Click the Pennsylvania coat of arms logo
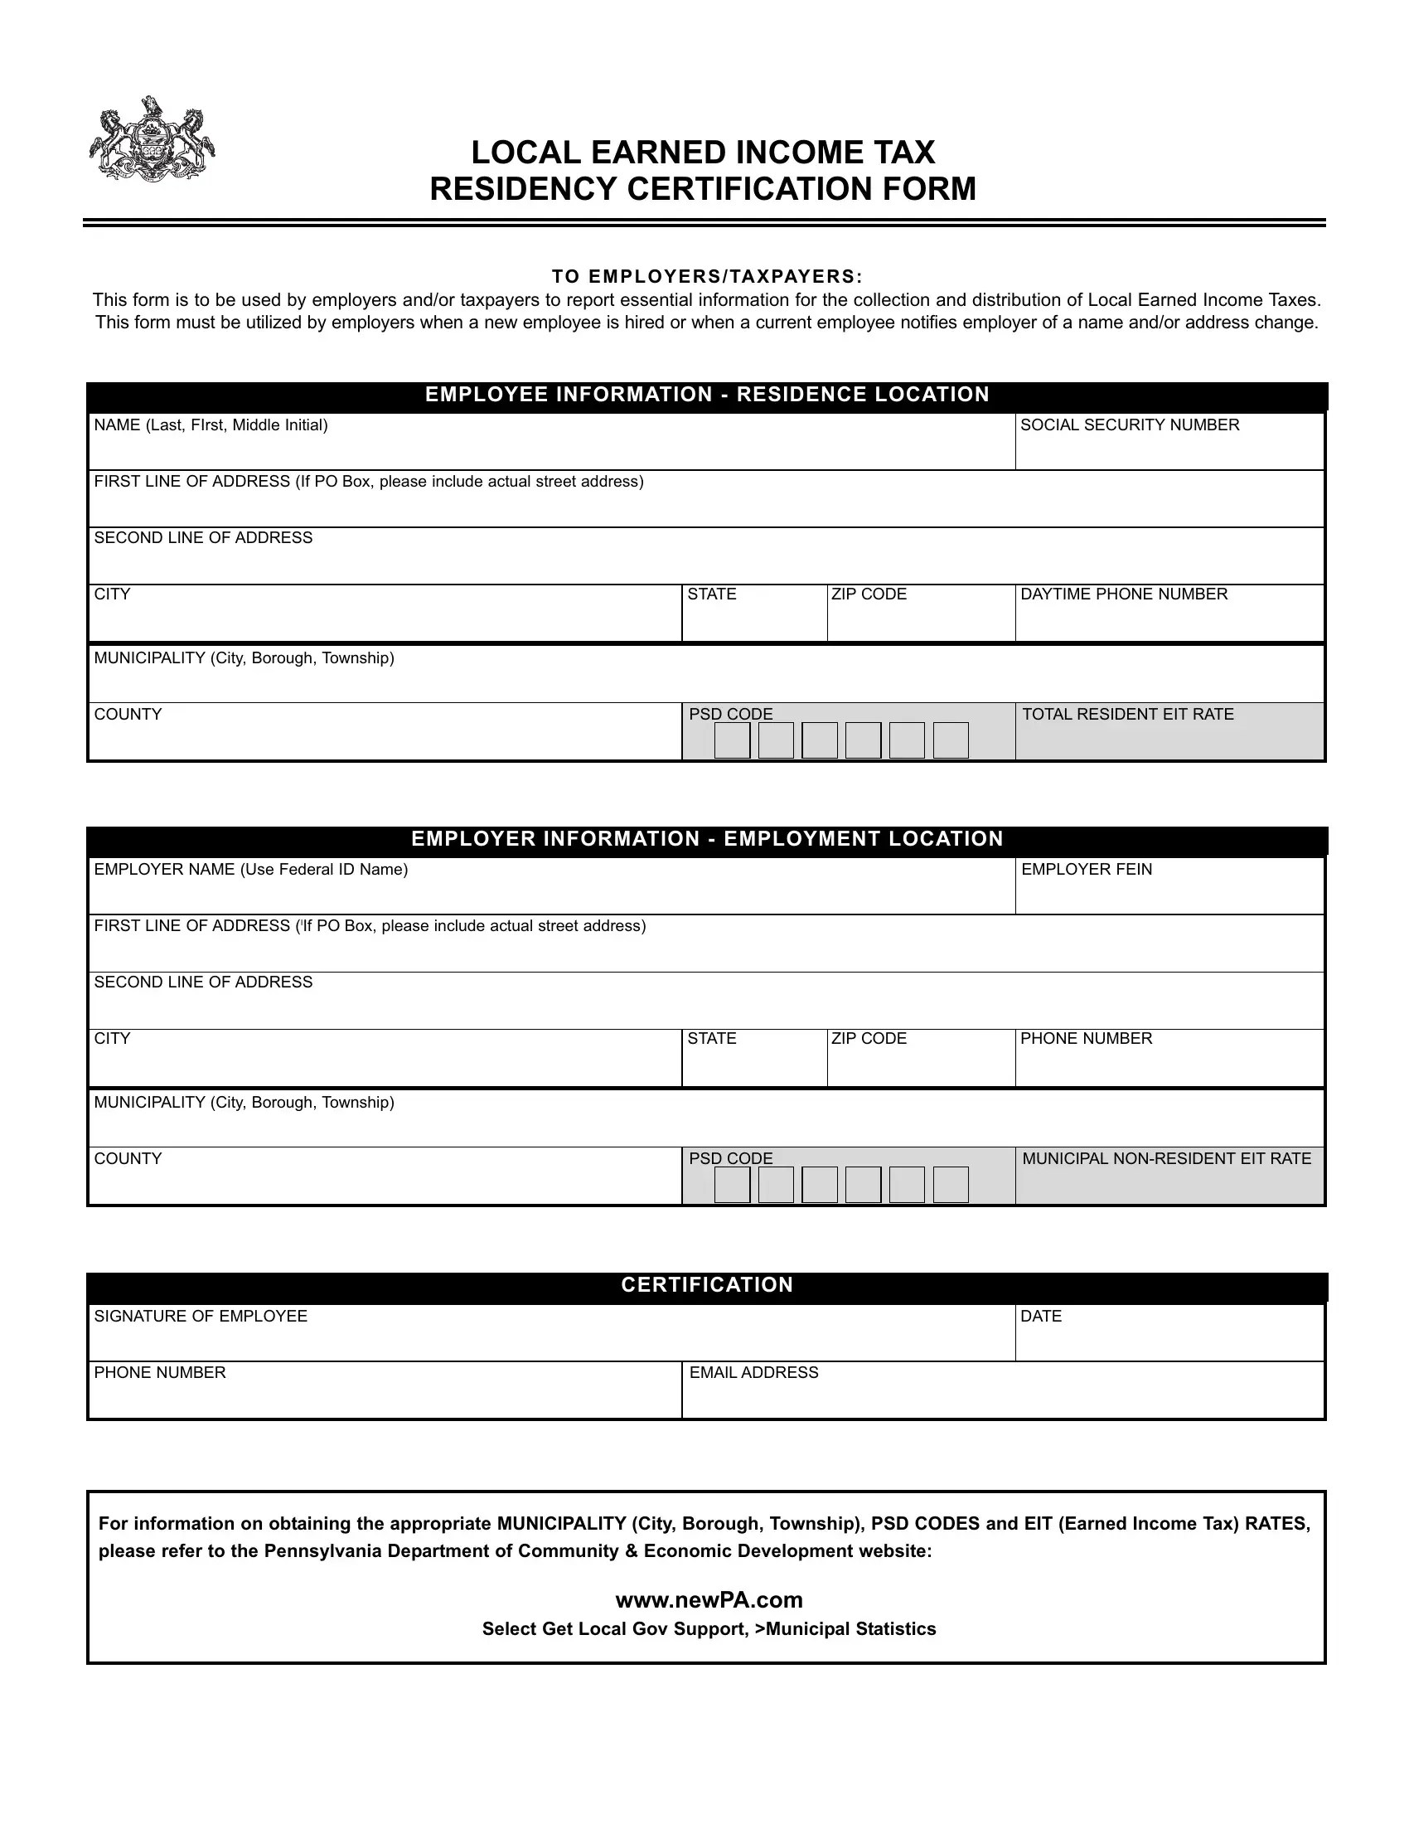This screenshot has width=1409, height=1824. tap(152, 139)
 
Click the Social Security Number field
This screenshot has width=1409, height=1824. tap(1169, 449)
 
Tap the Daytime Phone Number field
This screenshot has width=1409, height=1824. tap(1169, 619)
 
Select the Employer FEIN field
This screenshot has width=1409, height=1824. tap(1169, 893)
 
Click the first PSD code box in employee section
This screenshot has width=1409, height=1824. tap(732, 740)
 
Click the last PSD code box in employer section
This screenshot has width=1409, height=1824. tap(950, 1184)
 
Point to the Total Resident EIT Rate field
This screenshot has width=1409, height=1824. tap(1169, 738)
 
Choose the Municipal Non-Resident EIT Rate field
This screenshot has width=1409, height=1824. tap(1169, 1182)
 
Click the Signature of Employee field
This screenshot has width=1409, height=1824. tap(551, 1339)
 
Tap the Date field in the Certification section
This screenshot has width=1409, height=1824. tap(1169, 1339)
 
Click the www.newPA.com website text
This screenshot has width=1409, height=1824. tap(709, 1599)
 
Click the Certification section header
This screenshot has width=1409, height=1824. tap(706, 1284)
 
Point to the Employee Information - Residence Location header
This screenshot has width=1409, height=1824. tap(706, 394)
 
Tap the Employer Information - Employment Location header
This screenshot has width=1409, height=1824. tap(706, 838)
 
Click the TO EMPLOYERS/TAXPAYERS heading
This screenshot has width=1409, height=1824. tap(706, 276)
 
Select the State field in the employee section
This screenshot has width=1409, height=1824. tap(753, 619)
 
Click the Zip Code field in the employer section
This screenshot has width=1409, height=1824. tap(921, 1064)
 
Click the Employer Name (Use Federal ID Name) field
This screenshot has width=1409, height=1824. tap(551, 893)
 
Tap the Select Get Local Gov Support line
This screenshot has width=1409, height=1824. tap(709, 1628)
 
